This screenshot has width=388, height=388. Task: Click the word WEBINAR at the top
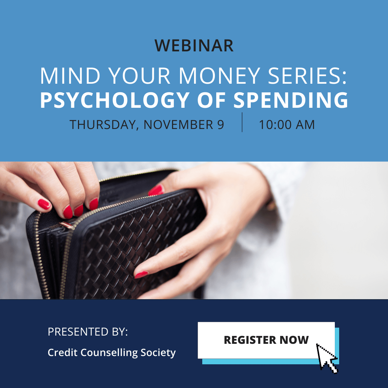click(x=194, y=46)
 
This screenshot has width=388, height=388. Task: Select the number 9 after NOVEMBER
click(x=221, y=125)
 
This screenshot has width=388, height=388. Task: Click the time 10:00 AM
click(x=287, y=125)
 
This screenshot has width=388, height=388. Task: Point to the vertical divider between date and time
click(x=242, y=122)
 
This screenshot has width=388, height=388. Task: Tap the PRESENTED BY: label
click(x=88, y=332)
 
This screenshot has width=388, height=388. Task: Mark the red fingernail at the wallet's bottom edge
click(x=141, y=275)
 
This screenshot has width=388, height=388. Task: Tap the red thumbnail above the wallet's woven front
click(x=156, y=190)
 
